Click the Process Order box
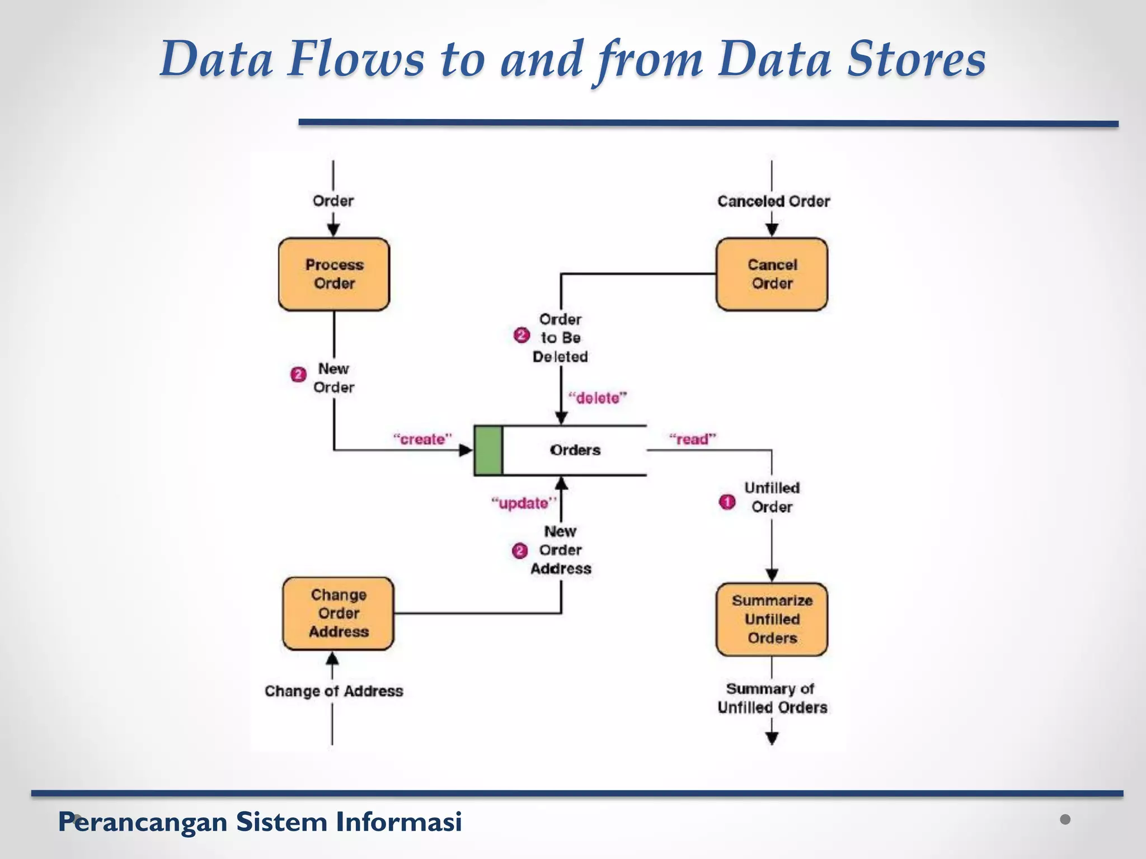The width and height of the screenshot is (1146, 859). point(334,274)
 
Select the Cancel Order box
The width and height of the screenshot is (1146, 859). point(772,274)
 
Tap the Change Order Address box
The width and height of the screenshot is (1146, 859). point(338,613)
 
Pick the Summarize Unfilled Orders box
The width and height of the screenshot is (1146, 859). point(772,619)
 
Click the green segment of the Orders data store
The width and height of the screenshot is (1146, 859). point(488,450)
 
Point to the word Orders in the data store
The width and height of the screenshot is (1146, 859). point(575,450)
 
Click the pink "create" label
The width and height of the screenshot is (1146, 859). point(422,439)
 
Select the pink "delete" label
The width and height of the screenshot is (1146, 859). point(597,398)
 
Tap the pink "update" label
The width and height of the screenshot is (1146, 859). point(523,503)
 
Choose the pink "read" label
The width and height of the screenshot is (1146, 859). point(692,439)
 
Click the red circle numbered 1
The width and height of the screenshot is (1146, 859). point(727,502)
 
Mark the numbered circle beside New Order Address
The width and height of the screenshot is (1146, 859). point(519,551)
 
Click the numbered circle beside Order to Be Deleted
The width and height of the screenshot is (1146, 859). point(521,336)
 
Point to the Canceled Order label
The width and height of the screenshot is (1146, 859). point(773,201)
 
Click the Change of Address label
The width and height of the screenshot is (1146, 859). point(334,691)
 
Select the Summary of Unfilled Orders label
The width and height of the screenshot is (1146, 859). point(772,698)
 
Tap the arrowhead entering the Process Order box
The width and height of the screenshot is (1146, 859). point(334,230)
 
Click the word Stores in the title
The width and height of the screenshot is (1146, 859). point(915,59)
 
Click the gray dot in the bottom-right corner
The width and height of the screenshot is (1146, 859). point(1065,819)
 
